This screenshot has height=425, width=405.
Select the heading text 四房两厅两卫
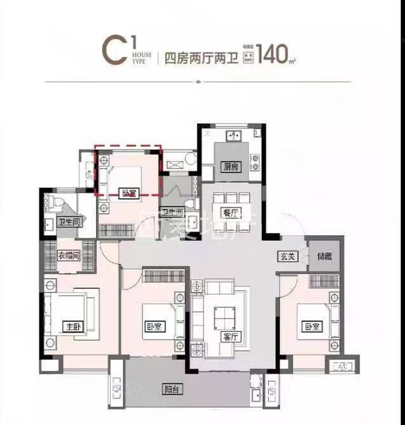pyautogui.click(x=199, y=56)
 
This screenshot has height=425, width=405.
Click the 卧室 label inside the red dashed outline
pyautogui.click(x=128, y=192)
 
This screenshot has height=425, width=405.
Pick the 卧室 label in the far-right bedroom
pyautogui.click(x=311, y=327)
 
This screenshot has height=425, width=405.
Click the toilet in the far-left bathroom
pyautogui.click(x=60, y=203)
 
